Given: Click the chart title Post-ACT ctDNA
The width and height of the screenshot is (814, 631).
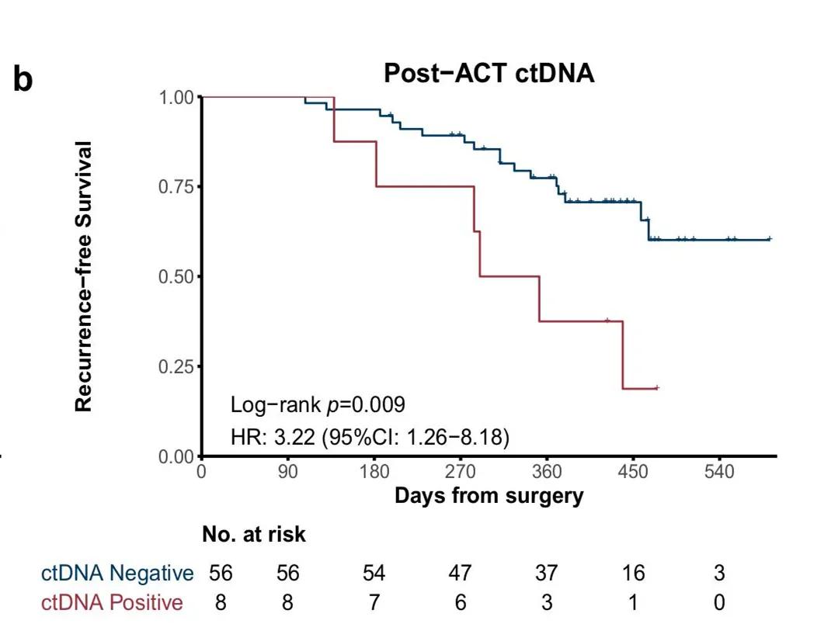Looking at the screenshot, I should coord(489,74).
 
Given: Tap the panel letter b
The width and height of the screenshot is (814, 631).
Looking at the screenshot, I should coord(23,80).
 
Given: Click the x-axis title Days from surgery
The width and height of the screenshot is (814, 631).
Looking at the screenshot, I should coord(489,494).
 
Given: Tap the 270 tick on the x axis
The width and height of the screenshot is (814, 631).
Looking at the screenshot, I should coord(461,472).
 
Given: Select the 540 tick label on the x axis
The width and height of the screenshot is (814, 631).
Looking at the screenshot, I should coord(719,472).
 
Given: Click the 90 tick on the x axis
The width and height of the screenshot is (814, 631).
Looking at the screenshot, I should coord(288,472).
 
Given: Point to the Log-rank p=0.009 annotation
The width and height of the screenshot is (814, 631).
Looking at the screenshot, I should coord(318,405).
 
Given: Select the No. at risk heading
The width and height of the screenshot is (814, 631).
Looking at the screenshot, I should coord(254,535).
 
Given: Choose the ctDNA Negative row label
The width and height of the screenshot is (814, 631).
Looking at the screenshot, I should coord(117,574).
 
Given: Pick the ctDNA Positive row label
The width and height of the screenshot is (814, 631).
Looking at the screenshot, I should coord(113,602).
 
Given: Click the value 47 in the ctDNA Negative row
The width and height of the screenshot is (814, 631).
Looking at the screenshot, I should coord(461,574).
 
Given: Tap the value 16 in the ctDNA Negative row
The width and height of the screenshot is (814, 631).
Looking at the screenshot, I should coord(633,574).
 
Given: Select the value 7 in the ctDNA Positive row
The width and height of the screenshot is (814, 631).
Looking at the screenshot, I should coord(374,602).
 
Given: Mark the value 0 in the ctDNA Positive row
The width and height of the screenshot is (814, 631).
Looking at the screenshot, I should coord(719,602).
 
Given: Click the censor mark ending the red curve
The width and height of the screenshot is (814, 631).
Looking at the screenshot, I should coord(657,387).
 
